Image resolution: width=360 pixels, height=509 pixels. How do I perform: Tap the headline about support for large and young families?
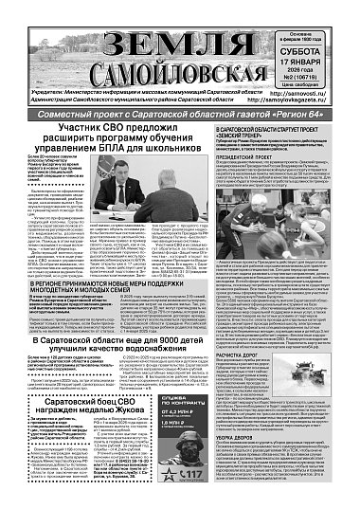91,280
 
